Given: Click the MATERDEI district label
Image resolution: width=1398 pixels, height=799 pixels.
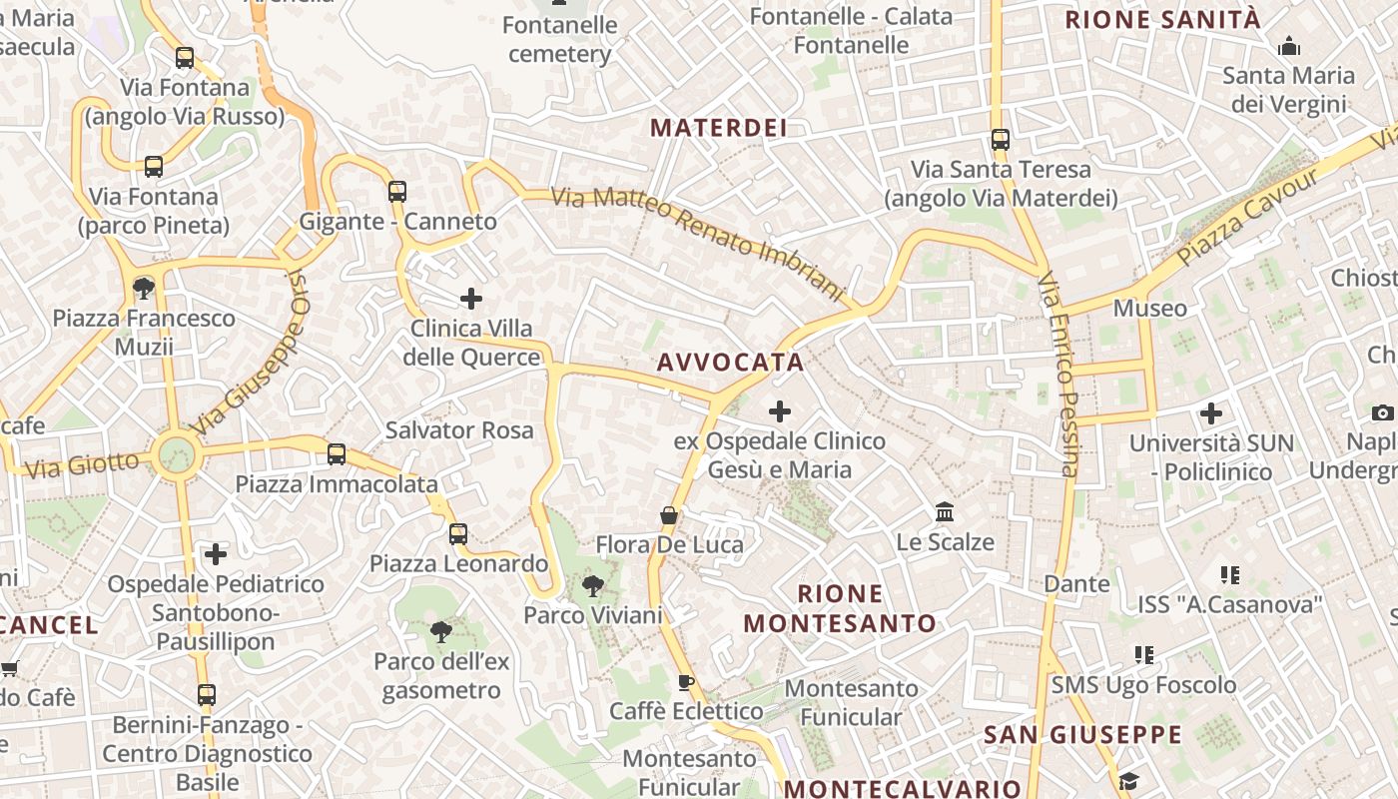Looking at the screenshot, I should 719,128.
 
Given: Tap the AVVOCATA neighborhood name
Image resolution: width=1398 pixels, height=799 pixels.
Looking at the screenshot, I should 731,363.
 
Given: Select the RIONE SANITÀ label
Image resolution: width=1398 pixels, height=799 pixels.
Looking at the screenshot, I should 1163,19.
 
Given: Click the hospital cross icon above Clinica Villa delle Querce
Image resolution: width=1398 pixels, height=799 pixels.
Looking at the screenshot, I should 471,298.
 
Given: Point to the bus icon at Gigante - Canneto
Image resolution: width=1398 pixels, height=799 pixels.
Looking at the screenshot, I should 397,191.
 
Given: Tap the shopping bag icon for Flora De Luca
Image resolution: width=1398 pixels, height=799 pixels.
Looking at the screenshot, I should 669,515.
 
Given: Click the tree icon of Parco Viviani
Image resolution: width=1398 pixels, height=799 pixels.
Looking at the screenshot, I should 593,585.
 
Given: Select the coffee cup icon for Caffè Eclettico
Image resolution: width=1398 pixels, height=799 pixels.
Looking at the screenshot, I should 685,682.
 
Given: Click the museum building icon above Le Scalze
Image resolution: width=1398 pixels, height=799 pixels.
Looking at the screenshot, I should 945,512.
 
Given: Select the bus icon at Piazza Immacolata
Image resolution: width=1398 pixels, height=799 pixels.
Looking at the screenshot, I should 337,454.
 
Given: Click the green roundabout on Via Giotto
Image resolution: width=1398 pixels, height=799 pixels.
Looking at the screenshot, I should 177,454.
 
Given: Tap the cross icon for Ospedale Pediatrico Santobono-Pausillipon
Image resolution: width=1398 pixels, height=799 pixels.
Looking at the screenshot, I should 216,553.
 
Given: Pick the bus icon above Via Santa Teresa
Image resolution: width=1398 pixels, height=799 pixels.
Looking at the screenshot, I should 1001,140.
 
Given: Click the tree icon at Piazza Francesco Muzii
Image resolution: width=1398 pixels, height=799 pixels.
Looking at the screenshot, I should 144,289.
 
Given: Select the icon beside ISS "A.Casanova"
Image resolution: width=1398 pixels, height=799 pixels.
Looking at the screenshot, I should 1230,574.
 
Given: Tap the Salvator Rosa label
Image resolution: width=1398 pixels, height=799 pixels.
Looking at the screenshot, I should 459,430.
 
